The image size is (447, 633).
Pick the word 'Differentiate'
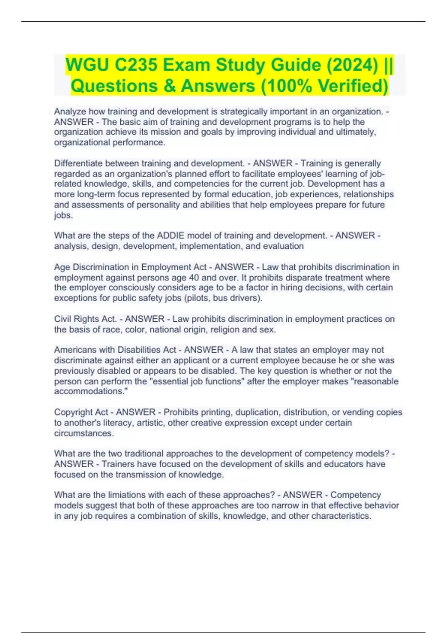(79, 163)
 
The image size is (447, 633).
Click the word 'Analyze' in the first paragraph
(70, 111)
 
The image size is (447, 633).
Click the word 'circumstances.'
(84, 433)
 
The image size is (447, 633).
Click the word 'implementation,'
(211, 246)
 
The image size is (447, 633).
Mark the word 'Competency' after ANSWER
(355, 495)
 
